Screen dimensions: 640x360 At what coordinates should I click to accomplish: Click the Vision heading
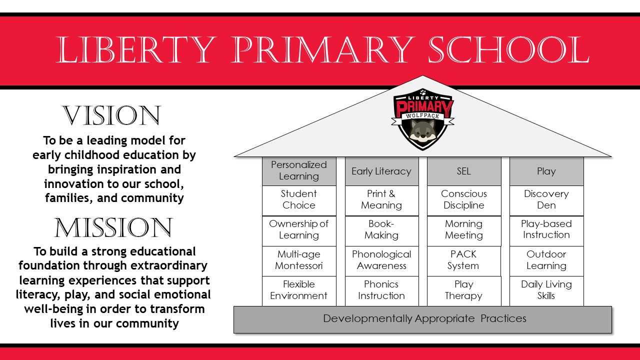pyautogui.click(x=111, y=116)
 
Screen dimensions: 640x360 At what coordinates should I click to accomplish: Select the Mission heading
pyautogui.click(x=113, y=228)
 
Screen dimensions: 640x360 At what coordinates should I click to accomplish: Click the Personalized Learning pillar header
pyautogui.click(x=299, y=171)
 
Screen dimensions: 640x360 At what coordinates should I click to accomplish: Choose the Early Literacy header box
pyautogui.click(x=381, y=171)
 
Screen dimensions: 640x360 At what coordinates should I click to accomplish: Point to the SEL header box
pyautogui.click(x=464, y=171)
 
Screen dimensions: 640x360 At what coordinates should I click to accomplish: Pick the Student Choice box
pyautogui.click(x=299, y=200)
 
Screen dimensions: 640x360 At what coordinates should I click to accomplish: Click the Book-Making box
pyautogui.click(x=381, y=230)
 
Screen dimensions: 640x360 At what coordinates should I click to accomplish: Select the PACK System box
pyautogui.click(x=463, y=260)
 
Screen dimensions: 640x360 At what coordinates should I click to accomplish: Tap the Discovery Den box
pyautogui.click(x=546, y=200)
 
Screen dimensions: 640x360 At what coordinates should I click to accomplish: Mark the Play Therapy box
pyautogui.click(x=463, y=290)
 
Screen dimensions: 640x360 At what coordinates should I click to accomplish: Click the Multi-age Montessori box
pyautogui.click(x=299, y=260)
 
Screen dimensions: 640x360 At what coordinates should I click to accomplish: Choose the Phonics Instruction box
pyautogui.click(x=381, y=290)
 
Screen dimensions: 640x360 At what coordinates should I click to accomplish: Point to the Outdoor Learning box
pyautogui.click(x=546, y=260)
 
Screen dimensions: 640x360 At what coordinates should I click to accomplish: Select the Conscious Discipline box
pyautogui.click(x=464, y=200)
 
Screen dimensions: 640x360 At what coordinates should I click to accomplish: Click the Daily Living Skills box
pyautogui.click(x=546, y=290)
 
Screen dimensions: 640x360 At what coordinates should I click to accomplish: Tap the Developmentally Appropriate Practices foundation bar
pyautogui.click(x=422, y=319)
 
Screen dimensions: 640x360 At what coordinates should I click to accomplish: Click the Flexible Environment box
pyautogui.click(x=299, y=290)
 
